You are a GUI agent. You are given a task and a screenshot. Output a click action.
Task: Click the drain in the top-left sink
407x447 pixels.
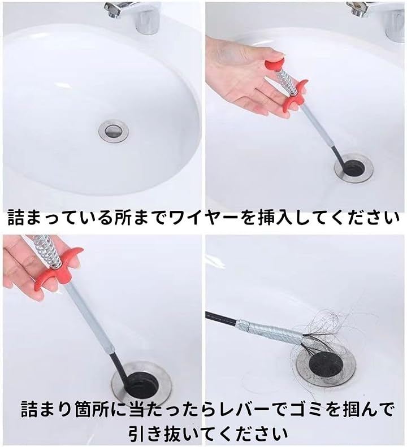click(114, 131)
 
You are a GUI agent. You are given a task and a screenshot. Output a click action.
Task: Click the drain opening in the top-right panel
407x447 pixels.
click(354, 168)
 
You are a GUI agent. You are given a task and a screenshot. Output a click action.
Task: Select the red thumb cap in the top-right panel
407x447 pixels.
click(275, 65)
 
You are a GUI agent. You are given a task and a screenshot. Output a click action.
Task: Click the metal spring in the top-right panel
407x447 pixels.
click(287, 83)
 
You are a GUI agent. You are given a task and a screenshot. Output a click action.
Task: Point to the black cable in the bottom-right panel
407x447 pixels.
click(222, 318)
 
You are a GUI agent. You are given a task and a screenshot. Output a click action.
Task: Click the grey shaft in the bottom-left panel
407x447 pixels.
click(88, 316)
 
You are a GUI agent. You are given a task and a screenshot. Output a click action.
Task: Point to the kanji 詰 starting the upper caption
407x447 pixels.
click(16, 219)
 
